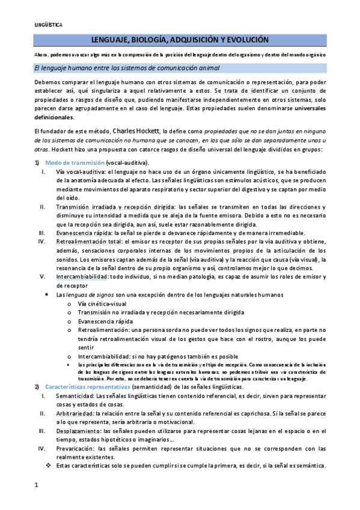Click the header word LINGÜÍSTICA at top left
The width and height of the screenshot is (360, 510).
48,25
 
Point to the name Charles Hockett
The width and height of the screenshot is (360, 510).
136,131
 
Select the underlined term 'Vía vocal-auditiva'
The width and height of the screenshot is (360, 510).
77,173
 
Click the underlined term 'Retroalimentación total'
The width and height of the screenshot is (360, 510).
87,242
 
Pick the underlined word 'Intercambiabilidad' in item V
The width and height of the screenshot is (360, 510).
81,277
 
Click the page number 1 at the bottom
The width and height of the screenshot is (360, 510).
35,484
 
